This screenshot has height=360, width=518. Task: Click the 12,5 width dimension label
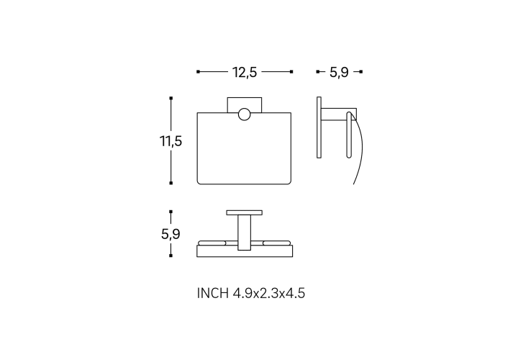coord(245,73)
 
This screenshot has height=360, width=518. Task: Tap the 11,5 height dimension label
coord(171,141)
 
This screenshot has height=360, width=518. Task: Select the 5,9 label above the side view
coord(339,73)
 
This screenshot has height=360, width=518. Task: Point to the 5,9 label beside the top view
coord(171,234)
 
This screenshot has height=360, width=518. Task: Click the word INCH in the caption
coord(212,293)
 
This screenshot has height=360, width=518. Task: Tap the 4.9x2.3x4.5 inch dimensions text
coord(269,293)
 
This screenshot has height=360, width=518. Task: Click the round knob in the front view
coord(244,114)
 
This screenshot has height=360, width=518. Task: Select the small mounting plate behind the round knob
coord(245,105)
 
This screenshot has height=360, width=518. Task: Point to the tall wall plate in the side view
coord(319,127)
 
